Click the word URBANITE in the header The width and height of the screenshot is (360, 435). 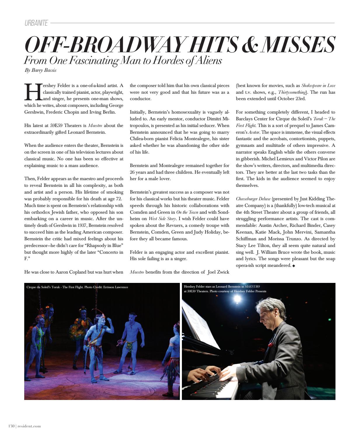click(x=36, y=23)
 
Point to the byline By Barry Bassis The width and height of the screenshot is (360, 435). click(x=41, y=70)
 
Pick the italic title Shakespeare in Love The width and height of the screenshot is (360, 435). click(x=318, y=86)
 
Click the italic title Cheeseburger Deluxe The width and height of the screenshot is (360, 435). click(x=253, y=199)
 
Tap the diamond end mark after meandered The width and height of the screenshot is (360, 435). click(x=294, y=266)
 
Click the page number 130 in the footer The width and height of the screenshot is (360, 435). click(x=11, y=426)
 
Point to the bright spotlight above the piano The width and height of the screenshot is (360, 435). click(x=237, y=298)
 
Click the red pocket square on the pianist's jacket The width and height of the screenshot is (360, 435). click(x=270, y=345)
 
